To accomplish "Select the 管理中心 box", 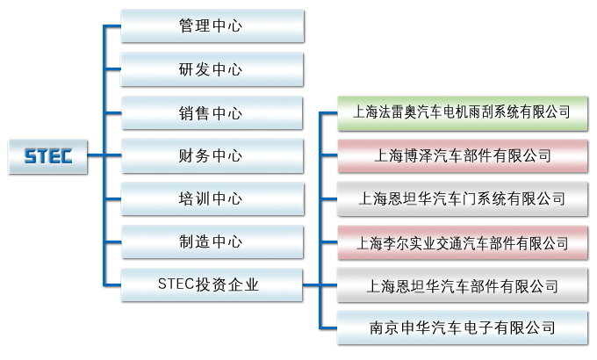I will pyautogui.click(x=211, y=25).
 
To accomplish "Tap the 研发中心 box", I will pyautogui.click(x=211, y=69).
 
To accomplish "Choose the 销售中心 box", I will pyautogui.click(x=211, y=113).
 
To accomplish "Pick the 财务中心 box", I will pyautogui.click(x=211, y=156).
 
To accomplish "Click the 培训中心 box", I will pyautogui.click(x=211, y=198).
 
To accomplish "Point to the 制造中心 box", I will pyautogui.click(x=211, y=241).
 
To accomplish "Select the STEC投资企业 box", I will pyautogui.click(x=211, y=284).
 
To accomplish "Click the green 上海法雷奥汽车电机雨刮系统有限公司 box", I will pyautogui.click(x=462, y=112).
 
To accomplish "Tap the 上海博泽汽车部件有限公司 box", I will pyautogui.click(x=462, y=155).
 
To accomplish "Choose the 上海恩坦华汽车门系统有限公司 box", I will pyautogui.click(x=462, y=198).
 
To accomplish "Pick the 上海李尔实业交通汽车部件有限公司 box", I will pyautogui.click(x=462, y=241).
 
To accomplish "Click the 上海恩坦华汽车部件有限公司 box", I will pyautogui.click(x=462, y=285).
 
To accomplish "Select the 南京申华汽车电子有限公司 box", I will pyautogui.click(x=462, y=328).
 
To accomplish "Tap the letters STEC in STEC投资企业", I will pyautogui.click(x=176, y=284).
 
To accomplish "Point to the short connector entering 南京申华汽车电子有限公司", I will pyautogui.click(x=330, y=328).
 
